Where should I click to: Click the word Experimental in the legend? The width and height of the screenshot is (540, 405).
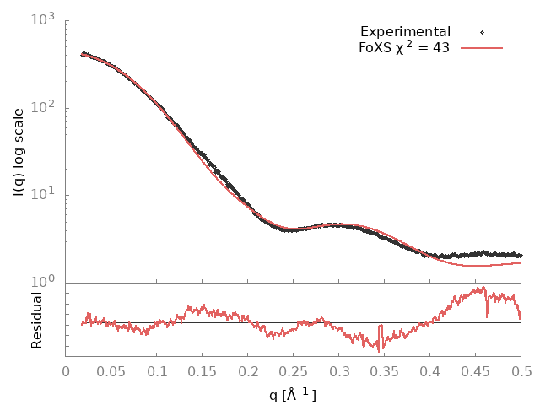coord(405,32)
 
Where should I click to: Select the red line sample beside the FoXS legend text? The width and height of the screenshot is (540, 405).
coord(482,48)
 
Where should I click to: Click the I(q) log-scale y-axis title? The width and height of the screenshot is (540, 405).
coord(19,152)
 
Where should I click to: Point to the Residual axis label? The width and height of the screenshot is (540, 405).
coord(36,320)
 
